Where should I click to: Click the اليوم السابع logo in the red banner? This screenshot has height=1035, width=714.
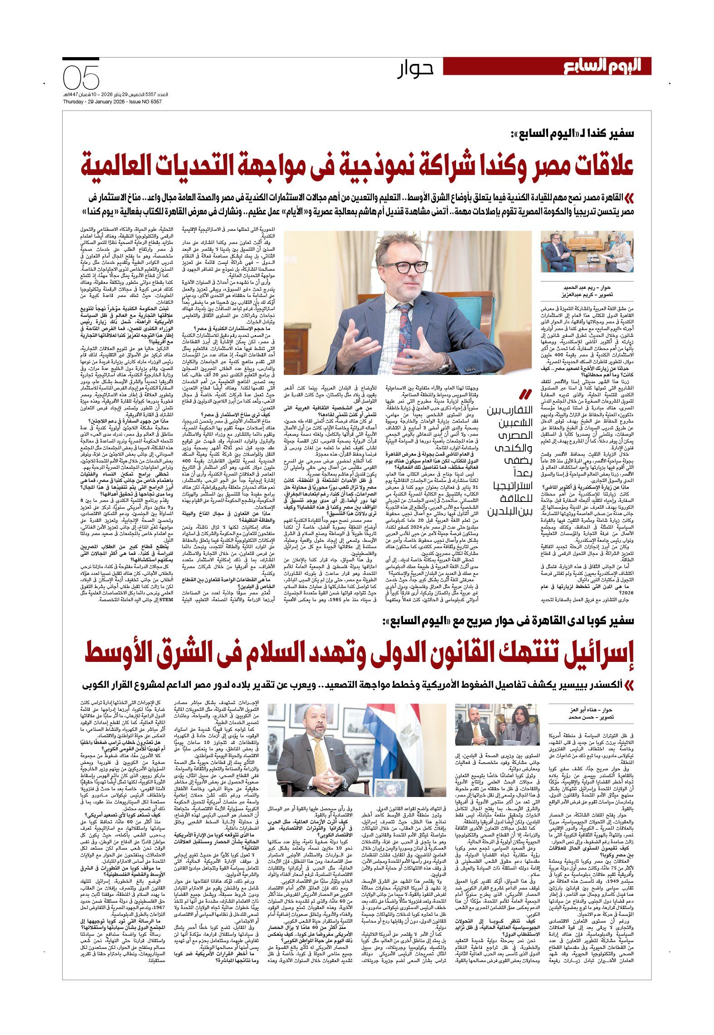(x=602, y=66)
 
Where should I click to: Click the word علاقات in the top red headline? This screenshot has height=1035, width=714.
(x=598, y=165)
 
